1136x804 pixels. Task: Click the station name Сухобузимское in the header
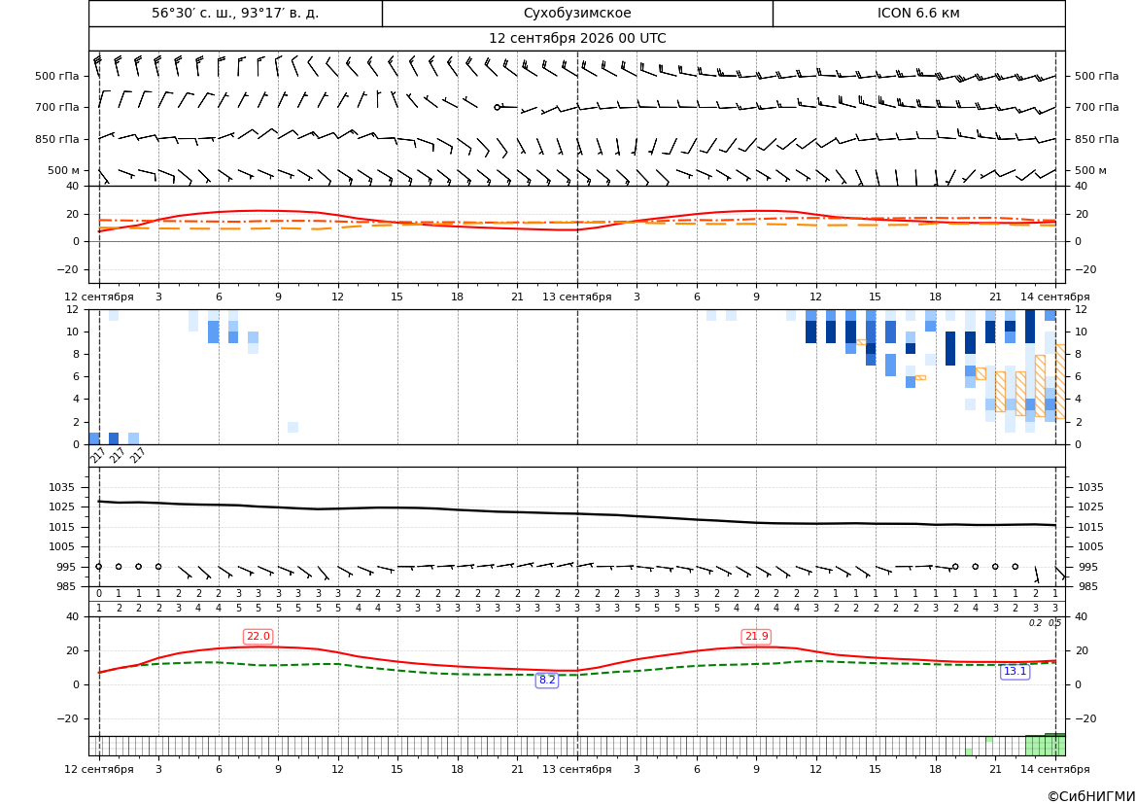coord(577,13)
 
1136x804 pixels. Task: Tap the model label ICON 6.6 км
coord(918,13)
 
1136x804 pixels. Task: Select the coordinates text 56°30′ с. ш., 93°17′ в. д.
coord(235,13)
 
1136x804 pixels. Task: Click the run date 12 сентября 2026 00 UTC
coord(577,39)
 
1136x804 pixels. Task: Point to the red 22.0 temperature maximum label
coord(258,637)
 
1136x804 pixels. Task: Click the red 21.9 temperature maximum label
coord(756,637)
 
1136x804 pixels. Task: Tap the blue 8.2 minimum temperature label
coord(547,680)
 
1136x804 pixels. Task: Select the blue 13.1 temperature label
coord(1015,672)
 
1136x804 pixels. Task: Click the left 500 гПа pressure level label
coord(57,76)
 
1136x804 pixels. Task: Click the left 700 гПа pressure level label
coord(57,107)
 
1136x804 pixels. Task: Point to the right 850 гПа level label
coord(1096,139)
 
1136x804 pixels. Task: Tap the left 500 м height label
coord(63,170)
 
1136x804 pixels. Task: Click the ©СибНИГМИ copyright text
coord(1091,796)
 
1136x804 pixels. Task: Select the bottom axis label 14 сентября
coord(1055,769)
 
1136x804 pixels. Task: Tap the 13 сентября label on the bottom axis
coord(577,769)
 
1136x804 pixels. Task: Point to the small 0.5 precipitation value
coord(1055,623)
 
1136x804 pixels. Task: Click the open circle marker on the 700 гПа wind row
coord(497,107)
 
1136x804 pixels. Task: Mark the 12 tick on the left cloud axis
coord(73,309)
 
